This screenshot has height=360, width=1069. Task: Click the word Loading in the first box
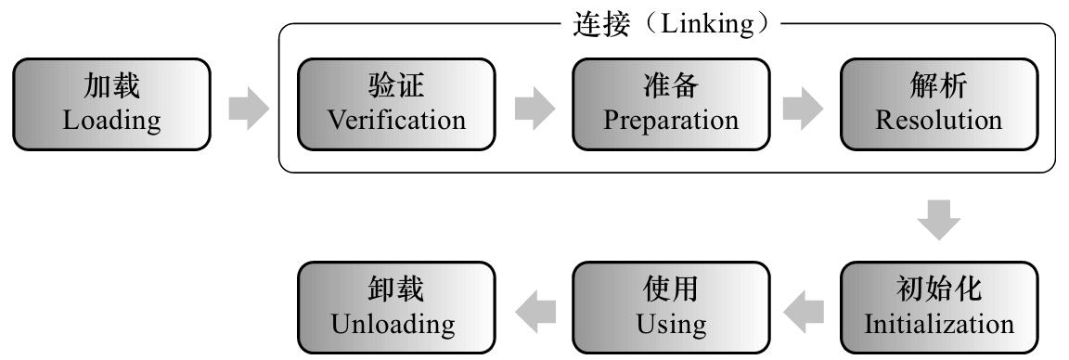[x=112, y=121]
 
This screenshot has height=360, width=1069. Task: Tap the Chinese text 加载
[x=112, y=88]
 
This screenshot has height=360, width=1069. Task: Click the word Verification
[x=397, y=121]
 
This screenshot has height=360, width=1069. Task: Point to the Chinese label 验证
[x=396, y=88]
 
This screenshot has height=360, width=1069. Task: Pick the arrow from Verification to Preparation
[x=534, y=105]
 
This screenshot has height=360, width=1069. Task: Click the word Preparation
[x=671, y=121]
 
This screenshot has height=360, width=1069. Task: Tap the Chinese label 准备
[x=671, y=88]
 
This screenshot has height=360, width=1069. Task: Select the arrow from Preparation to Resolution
[x=803, y=105]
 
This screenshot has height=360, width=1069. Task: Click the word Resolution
[x=939, y=121]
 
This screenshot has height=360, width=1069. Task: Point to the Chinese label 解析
[x=939, y=88]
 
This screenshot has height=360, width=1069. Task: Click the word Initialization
[x=939, y=325]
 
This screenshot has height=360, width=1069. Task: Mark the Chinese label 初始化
[x=939, y=291]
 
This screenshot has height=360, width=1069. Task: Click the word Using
[x=671, y=325]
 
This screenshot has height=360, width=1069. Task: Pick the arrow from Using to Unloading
[x=535, y=309]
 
